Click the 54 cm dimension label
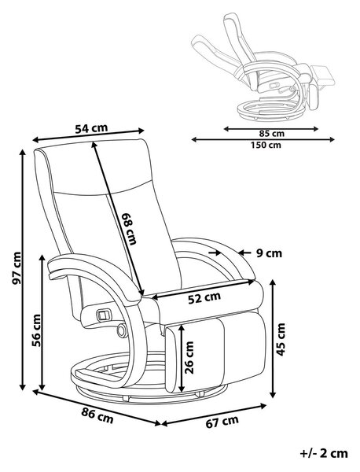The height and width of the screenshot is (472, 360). [91, 128]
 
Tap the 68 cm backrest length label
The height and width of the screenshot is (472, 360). [129, 228]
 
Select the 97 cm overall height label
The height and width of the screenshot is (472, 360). [17, 268]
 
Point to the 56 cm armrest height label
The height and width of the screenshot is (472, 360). [36, 330]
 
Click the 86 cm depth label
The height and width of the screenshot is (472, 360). [97, 416]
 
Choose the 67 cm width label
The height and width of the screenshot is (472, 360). [222, 421]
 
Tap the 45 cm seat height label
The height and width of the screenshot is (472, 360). [281, 339]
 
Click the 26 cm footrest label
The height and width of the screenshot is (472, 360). [189, 358]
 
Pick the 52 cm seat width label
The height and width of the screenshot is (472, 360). [204, 297]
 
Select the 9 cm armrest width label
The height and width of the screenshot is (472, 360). [269, 253]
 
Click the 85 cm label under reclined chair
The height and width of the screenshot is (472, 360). [272, 134]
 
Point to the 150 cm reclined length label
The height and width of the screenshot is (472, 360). [266, 145]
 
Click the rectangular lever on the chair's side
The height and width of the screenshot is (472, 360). [103, 315]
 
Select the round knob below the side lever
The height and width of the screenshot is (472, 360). [121, 330]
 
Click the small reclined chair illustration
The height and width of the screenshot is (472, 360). [263, 68]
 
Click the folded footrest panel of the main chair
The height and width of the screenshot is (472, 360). [215, 352]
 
